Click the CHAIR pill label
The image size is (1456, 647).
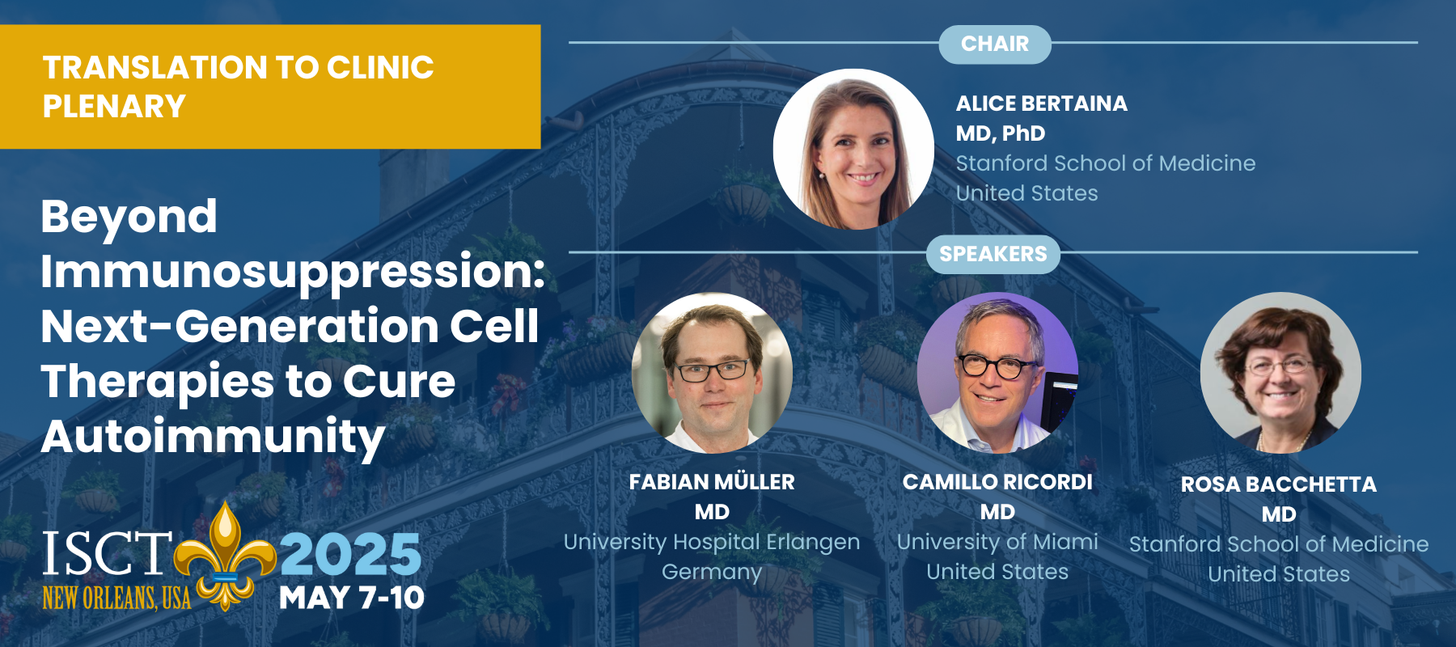click(995, 44)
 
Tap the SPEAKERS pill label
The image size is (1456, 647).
click(993, 254)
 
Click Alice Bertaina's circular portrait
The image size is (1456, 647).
click(853, 149)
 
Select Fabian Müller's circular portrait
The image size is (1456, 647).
click(712, 373)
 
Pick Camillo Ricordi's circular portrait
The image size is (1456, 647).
click(997, 373)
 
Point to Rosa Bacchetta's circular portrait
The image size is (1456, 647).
click(1280, 373)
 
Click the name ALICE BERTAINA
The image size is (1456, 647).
click(1042, 104)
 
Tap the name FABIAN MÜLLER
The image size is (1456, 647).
click(712, 482)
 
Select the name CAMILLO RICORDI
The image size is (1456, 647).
click(997, 482)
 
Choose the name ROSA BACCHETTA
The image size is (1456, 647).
click(1279, 484)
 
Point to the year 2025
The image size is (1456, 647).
click(350, 554)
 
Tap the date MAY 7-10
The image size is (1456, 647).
click(352, 598)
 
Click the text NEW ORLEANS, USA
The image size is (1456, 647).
click(116, 598)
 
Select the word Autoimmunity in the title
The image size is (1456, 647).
click(214, 438)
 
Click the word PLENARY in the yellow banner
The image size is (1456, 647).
click(114, 107)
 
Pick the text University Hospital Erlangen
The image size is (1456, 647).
click(712, 542)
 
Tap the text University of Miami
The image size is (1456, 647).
click(997, 542)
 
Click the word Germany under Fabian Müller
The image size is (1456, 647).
click(712, 573)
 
